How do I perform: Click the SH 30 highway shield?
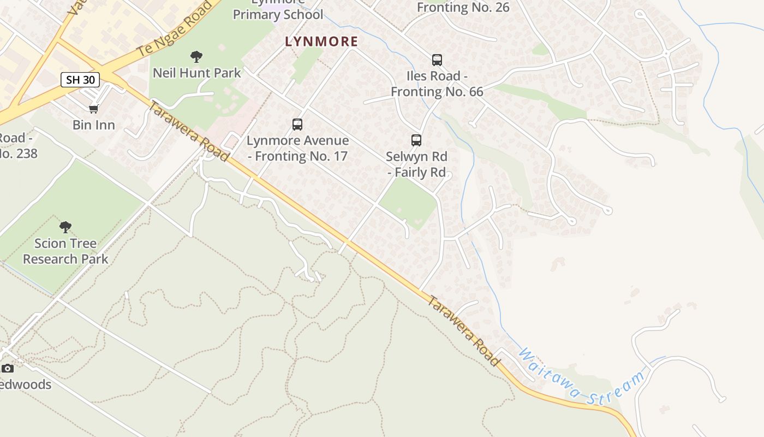pyautogui.click(x=80, y=80)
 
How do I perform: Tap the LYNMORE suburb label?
pyautogui.click(x=321, y=42)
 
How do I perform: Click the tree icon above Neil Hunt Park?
pyautogui.click(x=196, y=57)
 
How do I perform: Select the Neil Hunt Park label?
pyautogui.click(x=196, y=73)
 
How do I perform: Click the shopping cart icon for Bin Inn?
pyautogui.click(x=94, y=109)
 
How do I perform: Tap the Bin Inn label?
pyautogui.click(x=94, y=125)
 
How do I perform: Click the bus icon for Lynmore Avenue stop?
pyautogui.click(x=297, y=125)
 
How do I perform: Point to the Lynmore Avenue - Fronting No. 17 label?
pyautogui.click(x=297, y=148)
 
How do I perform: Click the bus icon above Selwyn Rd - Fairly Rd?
pyautogui.click(x=416, y=140)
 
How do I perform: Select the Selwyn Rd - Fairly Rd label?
pyautogui.click(x=416, y=164)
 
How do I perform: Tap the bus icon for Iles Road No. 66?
pyautogui.click(x=437, y=60)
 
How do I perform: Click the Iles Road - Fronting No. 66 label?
pyautogui.click(x=437, y=84)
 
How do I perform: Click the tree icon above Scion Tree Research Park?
pyautogui.click(x=65, y=227)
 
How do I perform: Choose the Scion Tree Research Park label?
pyautogui.click(x=65, y=251)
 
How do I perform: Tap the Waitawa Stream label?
pyautogui.click(x=581, y=377)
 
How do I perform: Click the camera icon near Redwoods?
pyautogui.click(x=8, y=368)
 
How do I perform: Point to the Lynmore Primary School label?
pyautogui.click(x=278, y=11)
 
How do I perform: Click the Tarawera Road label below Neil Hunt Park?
pyautogui.click(x=188, y=131)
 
